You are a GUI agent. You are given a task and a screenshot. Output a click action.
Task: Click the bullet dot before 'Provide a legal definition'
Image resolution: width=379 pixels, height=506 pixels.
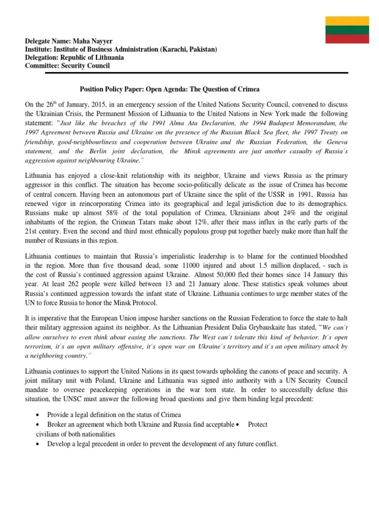39,414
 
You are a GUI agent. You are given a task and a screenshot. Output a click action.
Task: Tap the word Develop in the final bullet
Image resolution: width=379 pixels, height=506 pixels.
60,444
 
